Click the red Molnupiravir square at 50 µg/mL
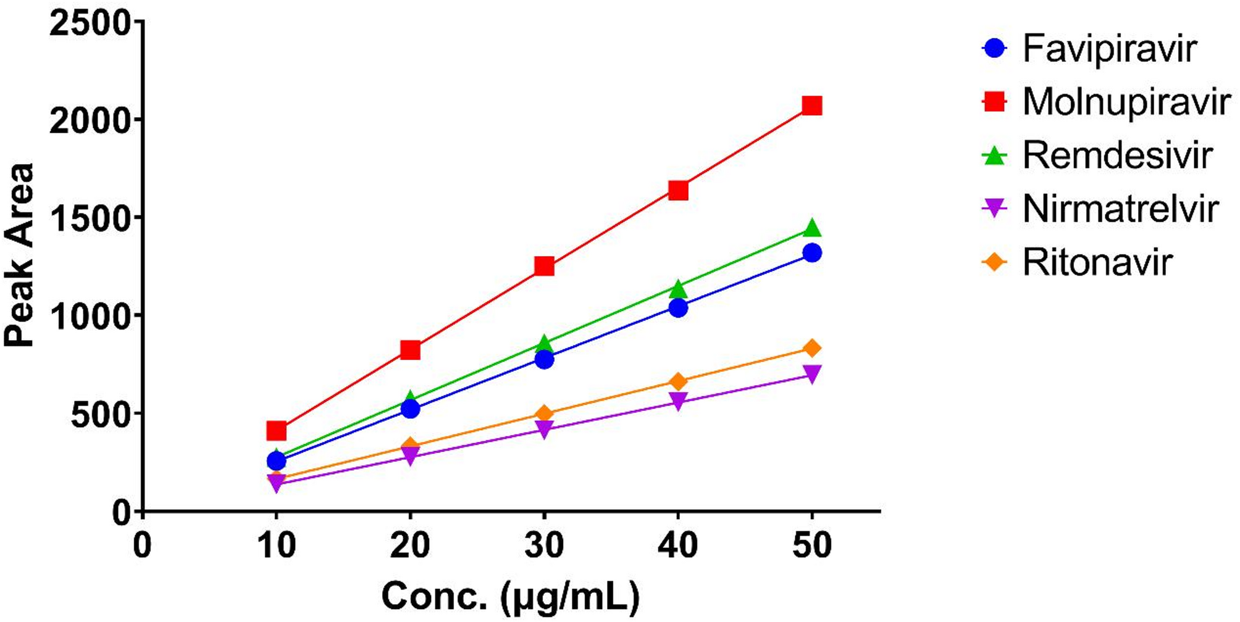pyautogui.click(x=812, y=106)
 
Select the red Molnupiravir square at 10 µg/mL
pyautogui.click(x=276, y=430)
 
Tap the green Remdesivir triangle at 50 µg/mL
pyautogui.click(x=812, y=228)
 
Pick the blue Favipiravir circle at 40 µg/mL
pyautogui.click(x=678, y=307)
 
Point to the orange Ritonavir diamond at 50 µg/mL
pyautogui.click(x=812, y=349)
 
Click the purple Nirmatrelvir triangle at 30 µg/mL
pyautogui.click(x=544, y=429)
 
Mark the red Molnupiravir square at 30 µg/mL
pyautogui.click(x=544, y=267)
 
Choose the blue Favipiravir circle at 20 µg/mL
pyautogui.click(x=410, y=408)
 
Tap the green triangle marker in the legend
pyautogui.click(x=994, y=155)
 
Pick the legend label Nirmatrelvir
pyautogui.click(x=1120, y=209)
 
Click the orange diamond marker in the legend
pyautogui.click(x=994, y=262)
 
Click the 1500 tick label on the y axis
pyautogui.click(x=91, y=218)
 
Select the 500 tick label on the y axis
pyautogui.click(x=101, y=415)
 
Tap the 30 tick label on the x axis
pyautogui.click(x=544, y=545)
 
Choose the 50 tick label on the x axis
pyautogui.click(x=812, y=545)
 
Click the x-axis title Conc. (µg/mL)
pyautogui.click(x=510, y=597)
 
